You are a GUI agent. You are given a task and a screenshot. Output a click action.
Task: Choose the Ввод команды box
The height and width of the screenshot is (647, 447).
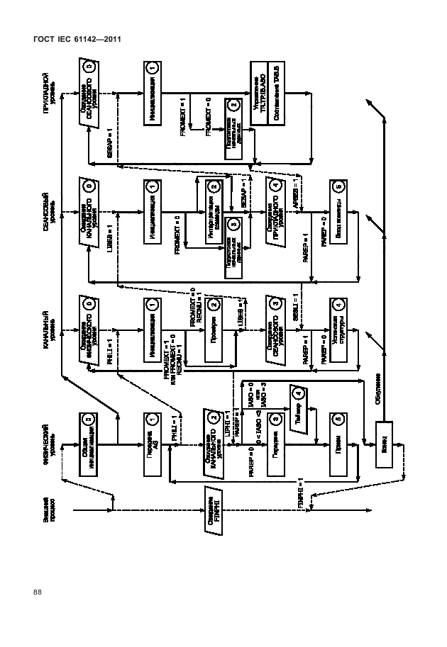pyautogui.click(x=338, y=211)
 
